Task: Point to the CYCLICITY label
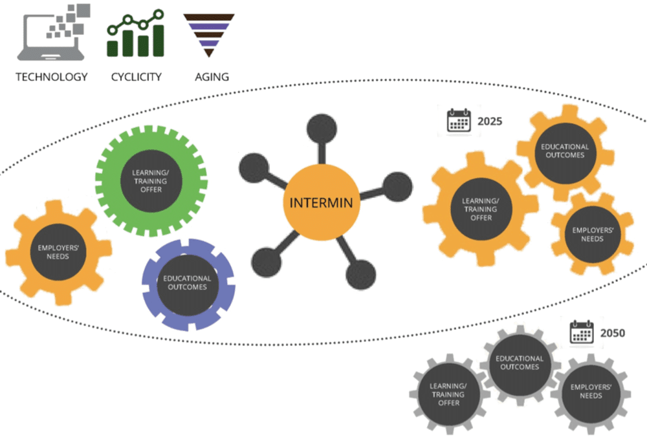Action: (x=136, y=76)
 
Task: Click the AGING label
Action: (x=211, y=76)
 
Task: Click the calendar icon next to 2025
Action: (x=459, y=121)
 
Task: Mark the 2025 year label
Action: (x=490, y=121)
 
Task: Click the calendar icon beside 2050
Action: (x=582, y=332)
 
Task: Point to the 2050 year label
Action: (x=612, y=333)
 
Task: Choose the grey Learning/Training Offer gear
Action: (x=448, y=394)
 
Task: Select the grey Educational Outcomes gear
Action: (x=519, y=363)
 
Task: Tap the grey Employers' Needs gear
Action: (x=591, y=391)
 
